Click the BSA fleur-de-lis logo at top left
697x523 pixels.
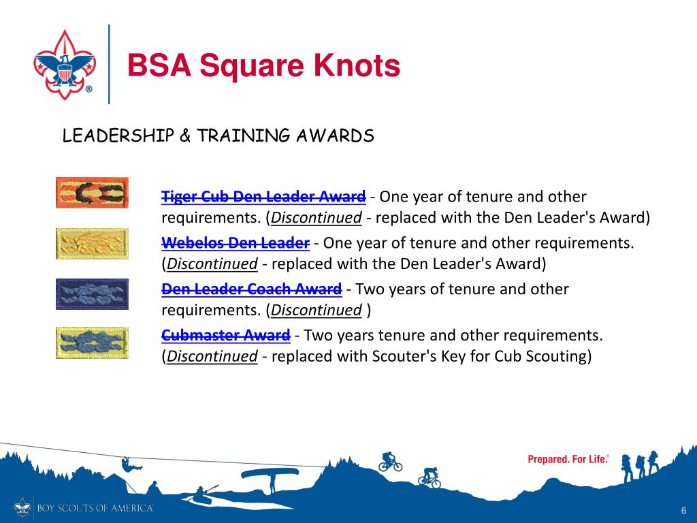[63, 65]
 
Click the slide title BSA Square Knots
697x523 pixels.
[263, 66]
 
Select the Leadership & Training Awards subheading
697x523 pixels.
[218, 136]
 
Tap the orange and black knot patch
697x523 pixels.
[91, 193]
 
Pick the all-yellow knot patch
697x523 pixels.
[91, 244]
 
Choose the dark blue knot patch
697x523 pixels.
[91, 294]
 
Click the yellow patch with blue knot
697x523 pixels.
[91, 343]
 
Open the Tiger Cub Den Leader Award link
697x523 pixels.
[263, 197]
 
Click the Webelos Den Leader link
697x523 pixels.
[236, 243]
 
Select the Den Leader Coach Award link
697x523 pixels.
[251, 289]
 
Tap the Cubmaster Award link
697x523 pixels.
[225, 335]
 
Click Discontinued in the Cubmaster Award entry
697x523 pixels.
[212, 356]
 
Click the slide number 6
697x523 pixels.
[682, 511]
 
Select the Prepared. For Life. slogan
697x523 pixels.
[568, 460]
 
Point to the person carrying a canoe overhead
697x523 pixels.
[272, 477]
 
